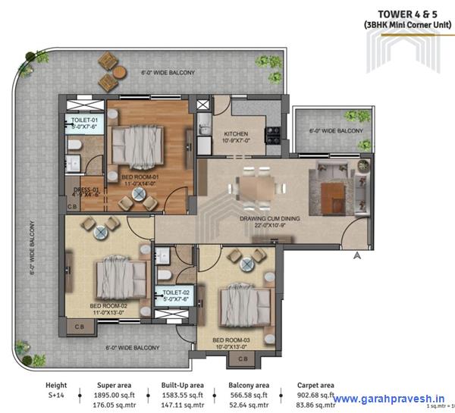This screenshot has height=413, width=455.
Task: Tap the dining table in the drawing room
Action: (258, 185)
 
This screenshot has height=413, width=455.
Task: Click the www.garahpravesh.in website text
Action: (391, 399)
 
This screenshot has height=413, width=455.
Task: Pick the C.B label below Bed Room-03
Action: (243, 358)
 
